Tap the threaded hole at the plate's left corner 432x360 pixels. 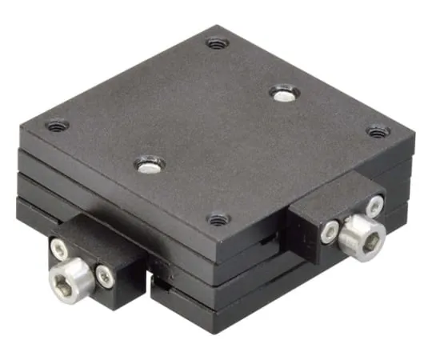pyautogui.click(x=57, y=126)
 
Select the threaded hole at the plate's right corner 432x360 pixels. pyautogui.click(x=378, y=131)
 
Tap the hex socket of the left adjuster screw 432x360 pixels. pyautogui.click(x=64, y=281)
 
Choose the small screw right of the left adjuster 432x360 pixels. pyautogui.click(x=104, y=276)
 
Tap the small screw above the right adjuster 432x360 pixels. pyautogui.click(x=374, y=206)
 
